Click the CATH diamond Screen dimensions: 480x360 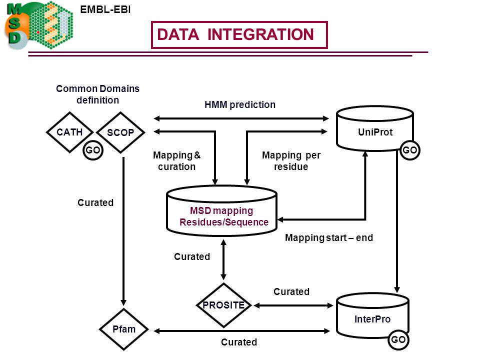69,132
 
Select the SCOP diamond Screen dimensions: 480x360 120,132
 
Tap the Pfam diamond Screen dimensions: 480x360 123,329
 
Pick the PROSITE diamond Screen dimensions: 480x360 224,305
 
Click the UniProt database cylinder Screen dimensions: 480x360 375,128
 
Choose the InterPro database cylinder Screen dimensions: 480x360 372,315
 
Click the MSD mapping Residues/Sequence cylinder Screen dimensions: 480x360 222,211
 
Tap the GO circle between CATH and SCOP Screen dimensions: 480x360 93,150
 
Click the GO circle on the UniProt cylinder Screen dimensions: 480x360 410,150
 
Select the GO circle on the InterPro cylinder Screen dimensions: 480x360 398,339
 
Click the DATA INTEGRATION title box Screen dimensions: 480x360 239,35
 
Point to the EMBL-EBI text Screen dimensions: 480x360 105,9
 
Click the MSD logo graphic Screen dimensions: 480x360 38,25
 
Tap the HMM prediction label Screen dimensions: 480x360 240,104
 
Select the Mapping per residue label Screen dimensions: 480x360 291,160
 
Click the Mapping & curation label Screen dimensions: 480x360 176,160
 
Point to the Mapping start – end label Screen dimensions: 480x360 329,237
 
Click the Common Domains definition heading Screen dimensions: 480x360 97,94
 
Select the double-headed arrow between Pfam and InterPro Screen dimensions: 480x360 242,331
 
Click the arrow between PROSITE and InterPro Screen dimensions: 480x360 293,305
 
